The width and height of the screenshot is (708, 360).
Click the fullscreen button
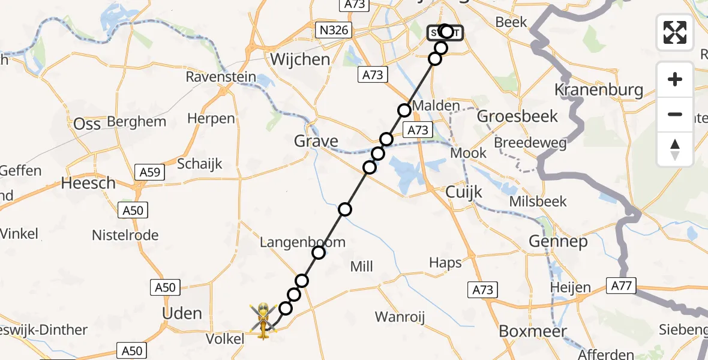tap(675, 32)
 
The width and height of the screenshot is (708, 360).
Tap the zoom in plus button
tap(675, 80)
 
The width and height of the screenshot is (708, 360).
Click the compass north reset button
tap(675, 149)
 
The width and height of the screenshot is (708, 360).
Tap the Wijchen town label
tap(300, 59)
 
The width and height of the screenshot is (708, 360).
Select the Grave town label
tap(316, 142)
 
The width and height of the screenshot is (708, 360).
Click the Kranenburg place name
tap(599, 91)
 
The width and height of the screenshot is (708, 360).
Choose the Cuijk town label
tap(464, 191)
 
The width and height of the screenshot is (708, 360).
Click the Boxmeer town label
tap(525, 331)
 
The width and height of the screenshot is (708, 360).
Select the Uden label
tap(182, 313)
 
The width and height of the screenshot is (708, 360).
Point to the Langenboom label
tap(302, 242)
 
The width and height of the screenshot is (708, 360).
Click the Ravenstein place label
tap(221, 77)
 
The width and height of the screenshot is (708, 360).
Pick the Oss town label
tap(87, 124)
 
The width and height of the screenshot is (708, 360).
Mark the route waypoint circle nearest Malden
tap(404, 110)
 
